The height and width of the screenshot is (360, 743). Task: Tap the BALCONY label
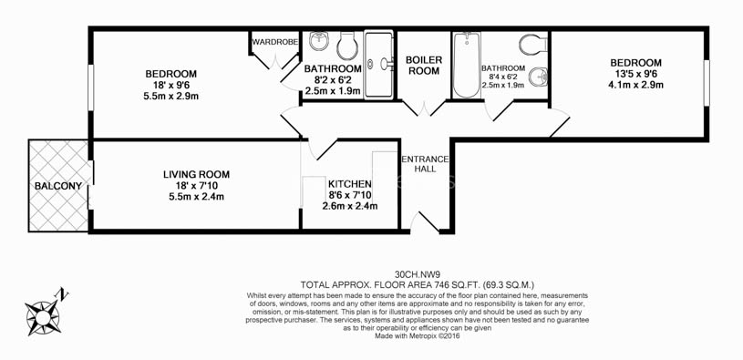point(58,187)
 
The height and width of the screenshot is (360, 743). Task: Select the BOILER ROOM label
point(425,66)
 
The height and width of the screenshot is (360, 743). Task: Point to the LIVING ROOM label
point(196,174)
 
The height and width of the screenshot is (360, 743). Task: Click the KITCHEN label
point(349,182)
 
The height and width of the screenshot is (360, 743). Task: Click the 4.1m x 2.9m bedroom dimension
point(635,86)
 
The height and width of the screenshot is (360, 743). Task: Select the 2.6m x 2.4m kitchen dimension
point(349,206)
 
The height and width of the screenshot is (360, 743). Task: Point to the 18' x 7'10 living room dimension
point(196,186)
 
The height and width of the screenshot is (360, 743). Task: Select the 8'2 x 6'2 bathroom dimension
point(333,79)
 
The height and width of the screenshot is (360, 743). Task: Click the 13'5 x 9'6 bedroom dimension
point(635,74)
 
